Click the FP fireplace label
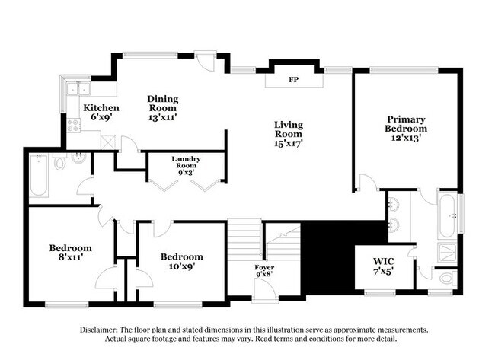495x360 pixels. [294, 79]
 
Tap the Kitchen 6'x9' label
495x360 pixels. [101, 113]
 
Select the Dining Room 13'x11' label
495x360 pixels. [162, 108]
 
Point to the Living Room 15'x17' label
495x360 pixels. [289, 134]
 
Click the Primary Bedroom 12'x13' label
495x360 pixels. [406, 129]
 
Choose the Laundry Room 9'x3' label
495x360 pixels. [186, 166]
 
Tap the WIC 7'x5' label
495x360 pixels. [384, 266]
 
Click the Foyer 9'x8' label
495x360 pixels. [264, 271]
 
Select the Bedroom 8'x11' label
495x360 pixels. [70, 253]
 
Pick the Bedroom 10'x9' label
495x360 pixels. [181, 261]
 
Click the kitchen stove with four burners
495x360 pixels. [74, 125]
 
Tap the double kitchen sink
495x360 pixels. [78, 88]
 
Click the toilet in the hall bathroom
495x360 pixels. [59, 162]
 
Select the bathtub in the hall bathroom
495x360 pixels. [39, 175]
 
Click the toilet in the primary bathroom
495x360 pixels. [448, 279]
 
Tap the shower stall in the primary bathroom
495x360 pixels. [447, 252]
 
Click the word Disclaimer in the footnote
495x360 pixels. [98, 330]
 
